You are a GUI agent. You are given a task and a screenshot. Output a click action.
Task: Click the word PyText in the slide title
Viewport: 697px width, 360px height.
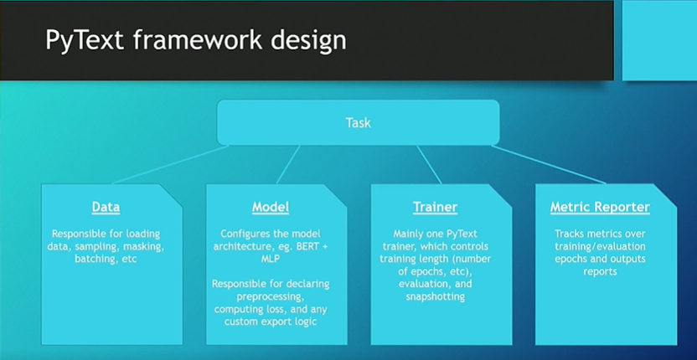[85, 40]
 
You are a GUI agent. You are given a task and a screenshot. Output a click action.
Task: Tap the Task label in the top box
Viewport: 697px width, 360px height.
[359, 123]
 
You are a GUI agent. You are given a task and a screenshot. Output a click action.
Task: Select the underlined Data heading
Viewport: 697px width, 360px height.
[106, 207]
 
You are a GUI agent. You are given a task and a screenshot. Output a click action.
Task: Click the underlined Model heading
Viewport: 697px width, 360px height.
[271, 207]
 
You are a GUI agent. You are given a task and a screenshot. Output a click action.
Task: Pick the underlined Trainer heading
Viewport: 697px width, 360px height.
[435, 207]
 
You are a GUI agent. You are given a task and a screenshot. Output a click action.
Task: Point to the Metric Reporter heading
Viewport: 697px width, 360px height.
[600, 207]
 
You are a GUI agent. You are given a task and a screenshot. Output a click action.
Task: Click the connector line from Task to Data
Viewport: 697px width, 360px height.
[171, 164]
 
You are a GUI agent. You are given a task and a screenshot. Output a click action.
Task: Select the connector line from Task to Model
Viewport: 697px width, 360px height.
[288, 164]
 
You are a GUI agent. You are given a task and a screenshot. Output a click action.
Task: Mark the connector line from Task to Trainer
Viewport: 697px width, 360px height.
[429, 164]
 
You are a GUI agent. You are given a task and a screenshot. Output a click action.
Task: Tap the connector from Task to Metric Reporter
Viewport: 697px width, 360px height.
[549, 164]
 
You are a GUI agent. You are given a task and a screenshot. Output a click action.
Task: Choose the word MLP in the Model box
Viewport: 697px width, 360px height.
[271, 259]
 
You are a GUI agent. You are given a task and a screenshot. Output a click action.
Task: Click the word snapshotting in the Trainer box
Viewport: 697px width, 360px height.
[435, 296]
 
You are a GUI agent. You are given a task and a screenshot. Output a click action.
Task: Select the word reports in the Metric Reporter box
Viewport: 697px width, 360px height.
[600, 271]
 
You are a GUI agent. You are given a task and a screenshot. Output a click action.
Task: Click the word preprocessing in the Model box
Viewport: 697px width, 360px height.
[271, 296]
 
